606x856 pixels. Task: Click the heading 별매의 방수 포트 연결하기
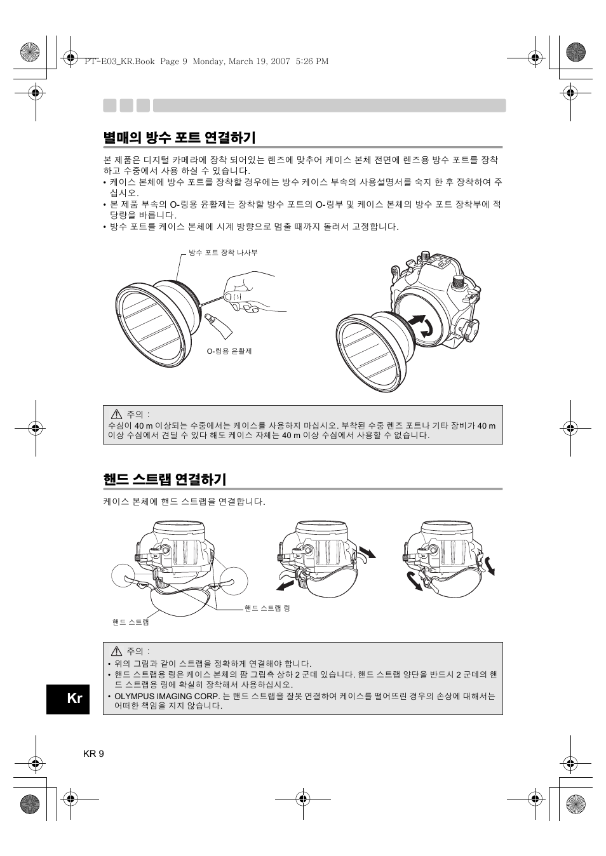pyautogui.click(x=179, y=138)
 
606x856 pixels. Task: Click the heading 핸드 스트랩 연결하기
pyautogui.click(x=165, y=479)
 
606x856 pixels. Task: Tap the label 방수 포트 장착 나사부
pyautogui.click(x=224, y=253)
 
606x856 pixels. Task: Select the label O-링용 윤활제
pyautogui.click(x=229, y=351)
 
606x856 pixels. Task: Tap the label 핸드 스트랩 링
pyautogui.click(x=267, y=608)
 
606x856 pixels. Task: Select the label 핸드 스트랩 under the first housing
pyautogui.click(x=131, y=622)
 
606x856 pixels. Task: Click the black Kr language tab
pyautogui.click(x=68, y=699)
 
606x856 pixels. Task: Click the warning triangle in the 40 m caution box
pyautogui.click(x=116, y=413)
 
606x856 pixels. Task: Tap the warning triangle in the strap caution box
pyautogui.click(x=116, y=651)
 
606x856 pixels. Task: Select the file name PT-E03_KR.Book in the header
pyautogui.click(x=120, y=62)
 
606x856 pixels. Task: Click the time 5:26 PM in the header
pyautogui.click(x=312, y=62)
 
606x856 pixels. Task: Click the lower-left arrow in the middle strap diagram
pyautogui.click(x=285, y=586)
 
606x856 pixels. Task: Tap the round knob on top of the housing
pyautogui.click(x=457, y=282)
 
